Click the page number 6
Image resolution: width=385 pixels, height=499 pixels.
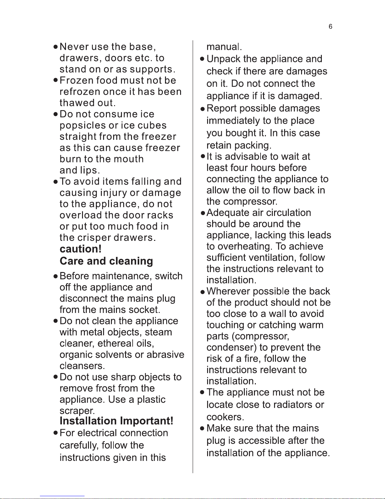330,27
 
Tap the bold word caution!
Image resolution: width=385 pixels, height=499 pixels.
80,249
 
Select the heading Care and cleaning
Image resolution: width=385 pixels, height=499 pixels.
106,261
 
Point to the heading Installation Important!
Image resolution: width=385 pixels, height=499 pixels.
116,421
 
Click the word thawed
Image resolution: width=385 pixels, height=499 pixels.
77,103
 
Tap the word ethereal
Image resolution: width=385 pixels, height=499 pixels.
116,343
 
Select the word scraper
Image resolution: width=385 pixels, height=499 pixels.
76,411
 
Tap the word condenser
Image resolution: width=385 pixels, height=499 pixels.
230,348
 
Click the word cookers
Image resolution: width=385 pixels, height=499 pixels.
225,417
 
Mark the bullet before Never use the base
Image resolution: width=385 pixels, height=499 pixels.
55,47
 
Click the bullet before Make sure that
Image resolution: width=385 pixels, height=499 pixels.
202,428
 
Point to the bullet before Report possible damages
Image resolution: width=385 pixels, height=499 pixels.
202,109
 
